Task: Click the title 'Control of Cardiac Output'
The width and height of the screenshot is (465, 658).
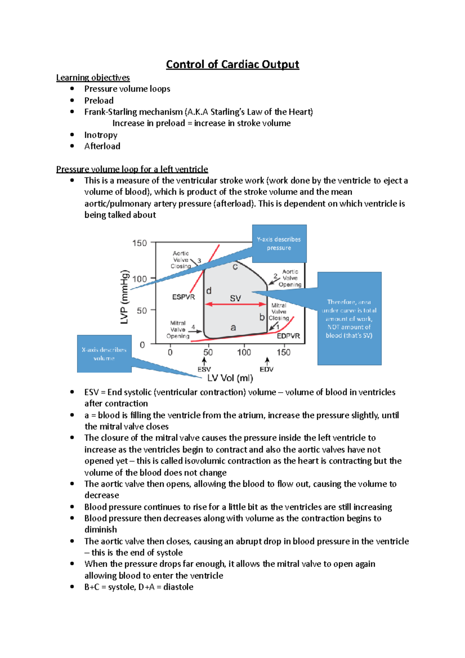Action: pyautogui.click(x=232, y=64)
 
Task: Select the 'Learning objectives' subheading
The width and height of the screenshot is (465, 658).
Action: pyautogui.click(x=93, y=78)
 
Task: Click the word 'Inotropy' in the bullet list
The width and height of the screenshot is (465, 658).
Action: pyautogui.click(x=101, y=135)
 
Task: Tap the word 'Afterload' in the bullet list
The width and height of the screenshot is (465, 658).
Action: pyautogui.click(x=102, y=146)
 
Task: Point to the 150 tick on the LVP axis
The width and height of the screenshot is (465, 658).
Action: pyautogui.click(x=139, y=243)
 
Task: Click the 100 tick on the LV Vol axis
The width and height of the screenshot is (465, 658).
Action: pyautogui.click(x=244, y=352)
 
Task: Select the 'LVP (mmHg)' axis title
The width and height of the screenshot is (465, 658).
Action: pyautogui.click(x=124, y=297)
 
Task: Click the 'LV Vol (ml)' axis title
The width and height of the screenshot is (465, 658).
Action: pyautogui.click(x=230, y=378)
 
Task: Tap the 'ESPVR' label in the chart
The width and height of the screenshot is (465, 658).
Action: pyautogui.click(x=183, y=297)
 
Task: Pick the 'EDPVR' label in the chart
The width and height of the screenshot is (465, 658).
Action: pyautogui.click(x=288, y=336)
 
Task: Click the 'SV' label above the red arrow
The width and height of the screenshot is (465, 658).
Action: pyautogui.click(x=235, y=298)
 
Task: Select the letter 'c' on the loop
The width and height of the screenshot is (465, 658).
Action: pyautogui.click(x=235, y=267)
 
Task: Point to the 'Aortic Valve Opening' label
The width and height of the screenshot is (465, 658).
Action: pyautogui.click(x=290, y=278)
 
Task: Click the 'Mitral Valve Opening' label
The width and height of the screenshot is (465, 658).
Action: pyautogui.click(x=178, y=329)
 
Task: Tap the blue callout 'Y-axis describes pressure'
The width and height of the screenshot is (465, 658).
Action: pyautogui.click(x=279, y=243)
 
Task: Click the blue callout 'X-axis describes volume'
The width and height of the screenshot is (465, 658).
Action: pyautogui.click(x=104, y=354)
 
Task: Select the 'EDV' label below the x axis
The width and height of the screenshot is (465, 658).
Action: pyautogui.click(x=267, y=369)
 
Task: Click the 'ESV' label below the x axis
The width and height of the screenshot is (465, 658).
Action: pyautogui.click(x=204, y=369)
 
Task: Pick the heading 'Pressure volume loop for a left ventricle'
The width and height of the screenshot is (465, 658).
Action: pyautogui.click(x=132, y=169)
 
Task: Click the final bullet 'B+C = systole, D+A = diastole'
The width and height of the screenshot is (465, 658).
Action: pyautogui.click(x=139, y=587)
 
